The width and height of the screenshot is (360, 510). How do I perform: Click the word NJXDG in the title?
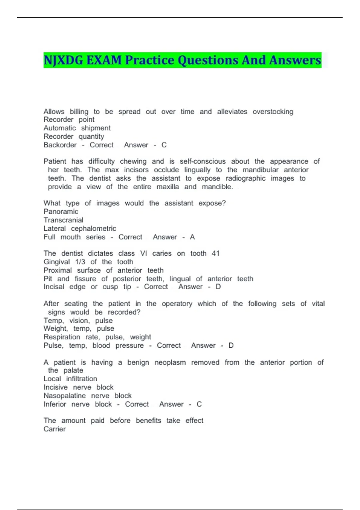pyautogui.click(x=63, y=60)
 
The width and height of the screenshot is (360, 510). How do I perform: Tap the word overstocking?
pyautogui.click(x=273, y=112)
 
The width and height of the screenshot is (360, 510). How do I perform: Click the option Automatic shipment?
pyautogui.click(x=77, y=128)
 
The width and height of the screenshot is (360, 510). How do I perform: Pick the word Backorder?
pyautogui.click(x=60, y=145)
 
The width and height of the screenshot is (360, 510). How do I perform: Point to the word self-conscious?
pyautogui.click(x=202, y=161)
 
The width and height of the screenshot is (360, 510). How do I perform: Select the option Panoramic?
pyautogui.click(x=61, y=211)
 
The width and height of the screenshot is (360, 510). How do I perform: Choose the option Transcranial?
pyautogui.click(x=64, y=220)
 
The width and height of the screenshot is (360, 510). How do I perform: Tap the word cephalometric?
pyautogui.click(x=94, y=229)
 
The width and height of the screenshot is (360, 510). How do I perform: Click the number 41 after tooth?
pyautogui.click(x=216, y=253)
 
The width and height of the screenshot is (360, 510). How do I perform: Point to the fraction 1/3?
pyautogui.click(x=80, y=262)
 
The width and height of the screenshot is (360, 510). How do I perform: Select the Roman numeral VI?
pyautogui.click(x=144, y=253)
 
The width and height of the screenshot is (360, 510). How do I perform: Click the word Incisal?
pyautogui.click(x=54, y=287)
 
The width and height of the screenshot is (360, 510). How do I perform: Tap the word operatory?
pyautogui.click(x=177, y=304)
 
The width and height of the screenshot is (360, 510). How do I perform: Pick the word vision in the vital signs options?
pyautogui.click(x=79, y=321)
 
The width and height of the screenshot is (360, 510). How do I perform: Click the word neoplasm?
pyautogui.click(x=170, y=362)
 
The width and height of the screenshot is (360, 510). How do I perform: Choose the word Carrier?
pyautogui.click(x=55, y=429)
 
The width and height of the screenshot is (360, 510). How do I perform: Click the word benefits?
pyautogui.click(x=148, y=421)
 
